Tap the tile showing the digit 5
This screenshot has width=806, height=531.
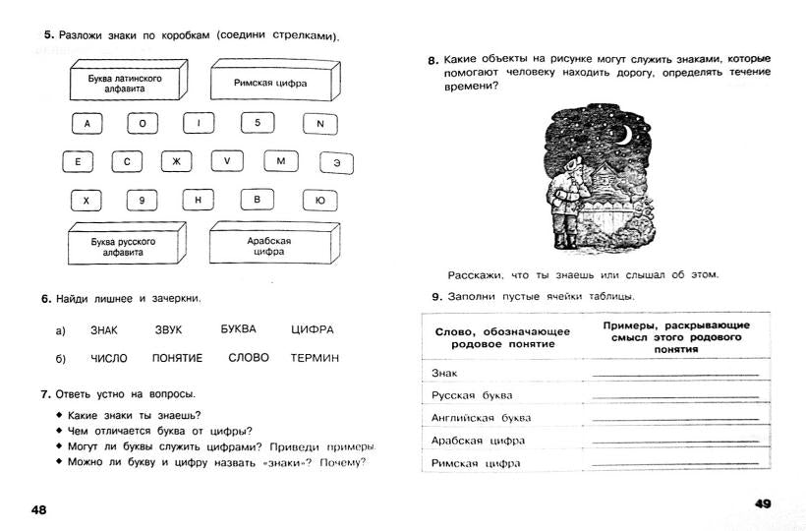(x=258, y=124)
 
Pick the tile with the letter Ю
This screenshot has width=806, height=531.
(x=319, y=201)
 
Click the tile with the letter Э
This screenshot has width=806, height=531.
(x=336, y=162)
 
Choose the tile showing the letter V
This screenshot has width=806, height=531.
(x=226, y=161)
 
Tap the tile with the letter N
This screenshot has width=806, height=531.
(x=319, y=125)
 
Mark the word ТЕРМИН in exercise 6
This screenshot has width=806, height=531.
(x=315, y=358)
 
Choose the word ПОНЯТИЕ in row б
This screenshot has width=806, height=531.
(x=177, y=358)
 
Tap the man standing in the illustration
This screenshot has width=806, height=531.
(x=566, y=202)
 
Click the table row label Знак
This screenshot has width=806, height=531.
(x=445, y=374)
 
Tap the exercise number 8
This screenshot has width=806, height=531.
(x=432, y=61)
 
